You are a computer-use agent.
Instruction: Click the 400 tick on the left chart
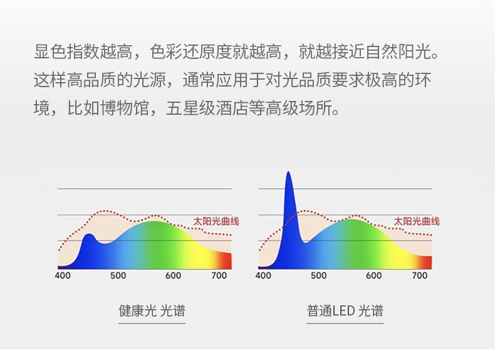(x=63, y=275)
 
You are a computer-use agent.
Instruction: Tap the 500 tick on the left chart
(x=118, y=275)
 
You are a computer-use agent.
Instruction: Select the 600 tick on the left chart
(x=173, y=275)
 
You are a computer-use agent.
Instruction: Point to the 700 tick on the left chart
(x=219, y=275)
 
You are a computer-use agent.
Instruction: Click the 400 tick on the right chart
(x=263, y=275)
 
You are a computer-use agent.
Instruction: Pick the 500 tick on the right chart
(x=318, y=275)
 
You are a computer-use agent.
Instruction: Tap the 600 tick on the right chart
(x=374, y=275)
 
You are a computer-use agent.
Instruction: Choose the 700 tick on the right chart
(x=420, y=275)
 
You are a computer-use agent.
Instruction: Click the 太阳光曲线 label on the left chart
(x=216, y=221)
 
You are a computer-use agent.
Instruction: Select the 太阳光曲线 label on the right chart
(x=417, y=221)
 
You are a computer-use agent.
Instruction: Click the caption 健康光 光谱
(x=152, y=310)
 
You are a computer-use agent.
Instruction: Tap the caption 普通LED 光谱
(x=345, y=310)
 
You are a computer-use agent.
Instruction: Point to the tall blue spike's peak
(x=288, y=172)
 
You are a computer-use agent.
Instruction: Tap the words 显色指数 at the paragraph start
(x=66, y=51)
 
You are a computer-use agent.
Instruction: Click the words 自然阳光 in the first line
(x=398, y=51)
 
